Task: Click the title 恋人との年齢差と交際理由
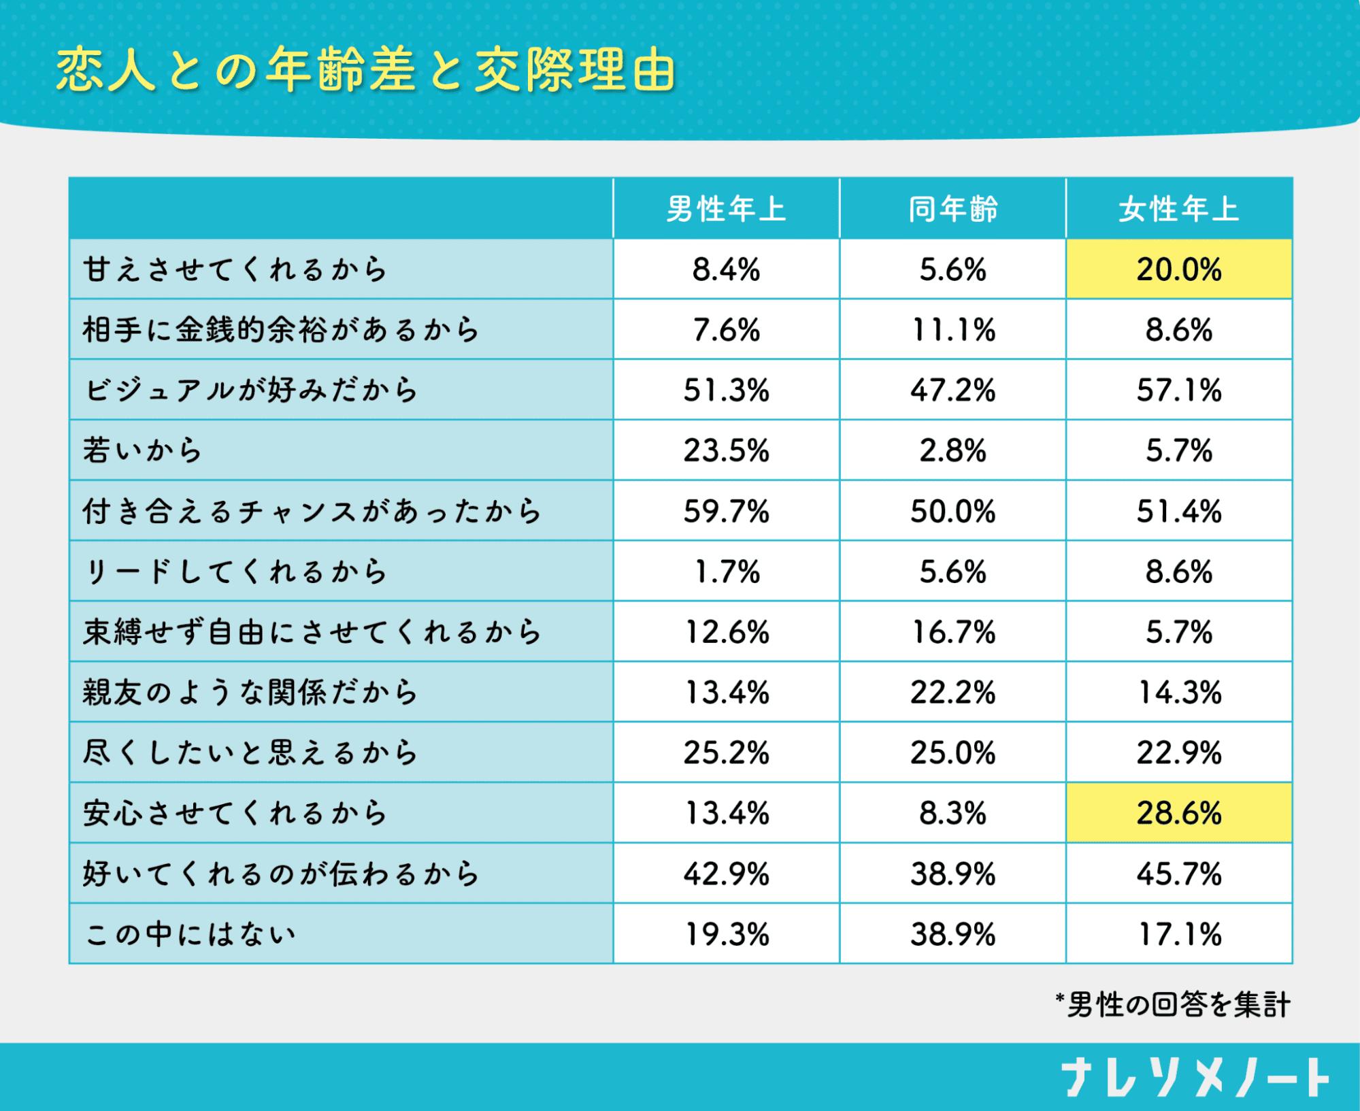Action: [365, 70]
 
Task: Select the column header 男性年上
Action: [726, 209]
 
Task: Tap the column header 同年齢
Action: [952, 209]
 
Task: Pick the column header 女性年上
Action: [1178, 209]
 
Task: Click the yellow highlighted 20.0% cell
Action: [1178, 269]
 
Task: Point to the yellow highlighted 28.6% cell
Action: [1178, 813]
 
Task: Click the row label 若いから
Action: [143, 450]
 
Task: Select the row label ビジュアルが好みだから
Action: [250, 390]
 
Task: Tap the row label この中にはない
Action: [190, 934]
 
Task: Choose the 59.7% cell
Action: [726, 511]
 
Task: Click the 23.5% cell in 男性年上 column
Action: [726, 450]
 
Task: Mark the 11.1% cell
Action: [952, 330]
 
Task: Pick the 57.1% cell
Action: [1178, 390]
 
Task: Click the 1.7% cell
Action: [726, 571]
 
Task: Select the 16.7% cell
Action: [952, 632]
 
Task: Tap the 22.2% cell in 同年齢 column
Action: [952, 693]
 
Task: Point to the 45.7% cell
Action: [1178, 874]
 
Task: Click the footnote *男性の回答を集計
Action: [1172, 1005]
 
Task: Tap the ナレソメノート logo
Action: [1195, 1078]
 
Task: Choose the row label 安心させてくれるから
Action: [235, 813]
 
